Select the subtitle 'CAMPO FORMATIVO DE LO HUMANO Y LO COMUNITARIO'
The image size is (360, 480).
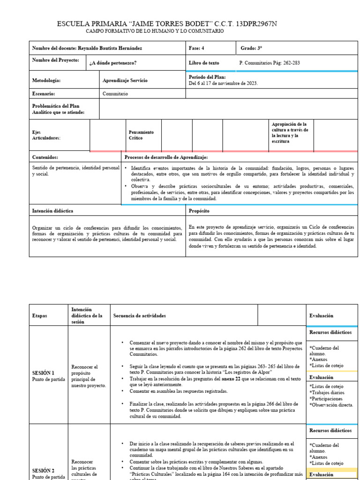coord(155,31)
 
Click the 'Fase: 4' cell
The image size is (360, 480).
coord(196,48)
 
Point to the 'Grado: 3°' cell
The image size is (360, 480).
coord(251,48)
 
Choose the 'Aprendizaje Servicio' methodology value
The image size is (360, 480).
coord(125,81)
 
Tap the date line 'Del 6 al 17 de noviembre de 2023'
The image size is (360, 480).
coord(223,83)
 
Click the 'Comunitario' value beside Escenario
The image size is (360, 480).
coord(115,94)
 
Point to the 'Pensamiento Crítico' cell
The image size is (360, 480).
coord(141,135)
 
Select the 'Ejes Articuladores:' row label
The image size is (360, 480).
coord(46,135)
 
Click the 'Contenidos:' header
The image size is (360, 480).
coord(45,157)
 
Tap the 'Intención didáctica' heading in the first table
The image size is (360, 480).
coord(52,211)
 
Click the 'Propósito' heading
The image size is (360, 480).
coord(199,211)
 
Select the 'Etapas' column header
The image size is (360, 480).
coord(40,316)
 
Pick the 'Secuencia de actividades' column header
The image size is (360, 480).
coord(140,316)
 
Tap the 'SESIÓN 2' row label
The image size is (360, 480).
coord(43,470)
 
